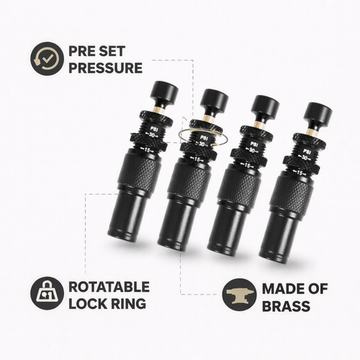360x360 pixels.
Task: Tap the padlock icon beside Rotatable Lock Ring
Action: point(46,295)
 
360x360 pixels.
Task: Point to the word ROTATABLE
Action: point(110,287)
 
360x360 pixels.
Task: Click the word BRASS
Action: point(286,306)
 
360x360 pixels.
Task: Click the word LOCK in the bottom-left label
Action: point(84,304)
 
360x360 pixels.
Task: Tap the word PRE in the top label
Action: point(81,51)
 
